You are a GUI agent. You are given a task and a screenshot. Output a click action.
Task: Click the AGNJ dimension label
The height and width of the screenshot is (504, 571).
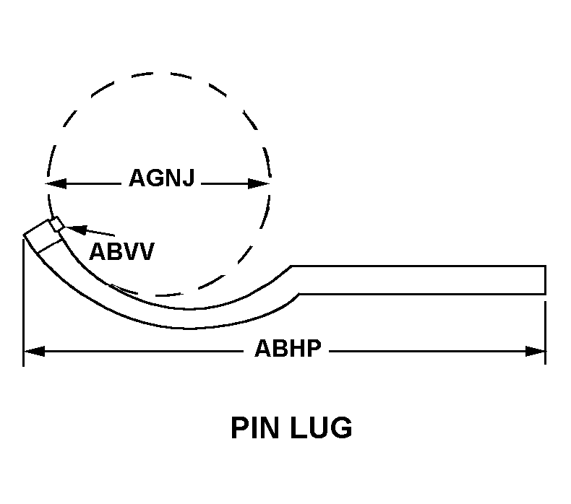(162, 178)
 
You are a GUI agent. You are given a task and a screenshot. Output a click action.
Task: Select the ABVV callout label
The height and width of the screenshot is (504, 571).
(121, 252)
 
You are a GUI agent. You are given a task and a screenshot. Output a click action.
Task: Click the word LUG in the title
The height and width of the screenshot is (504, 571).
(324, 428)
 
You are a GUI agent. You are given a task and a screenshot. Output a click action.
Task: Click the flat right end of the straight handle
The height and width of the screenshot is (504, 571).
(544, 280)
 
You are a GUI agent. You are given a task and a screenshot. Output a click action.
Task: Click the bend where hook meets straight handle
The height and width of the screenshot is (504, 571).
(295, 281)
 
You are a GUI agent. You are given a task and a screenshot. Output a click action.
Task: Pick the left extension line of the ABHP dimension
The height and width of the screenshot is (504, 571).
(24, 303)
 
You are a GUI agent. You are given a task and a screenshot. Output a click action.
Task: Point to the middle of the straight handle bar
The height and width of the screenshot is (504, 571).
(419, 280)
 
